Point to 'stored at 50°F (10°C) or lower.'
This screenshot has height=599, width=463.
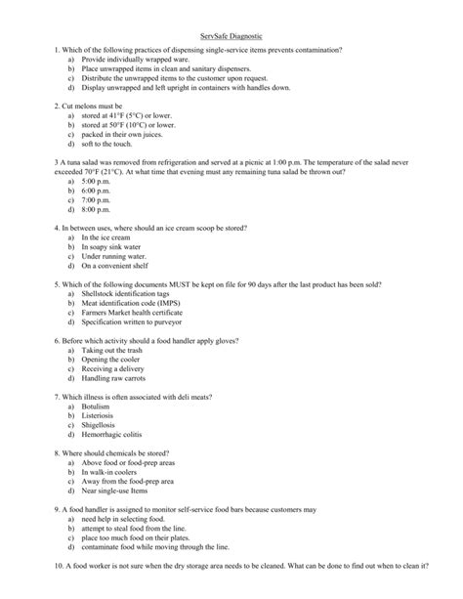(129, 125)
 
